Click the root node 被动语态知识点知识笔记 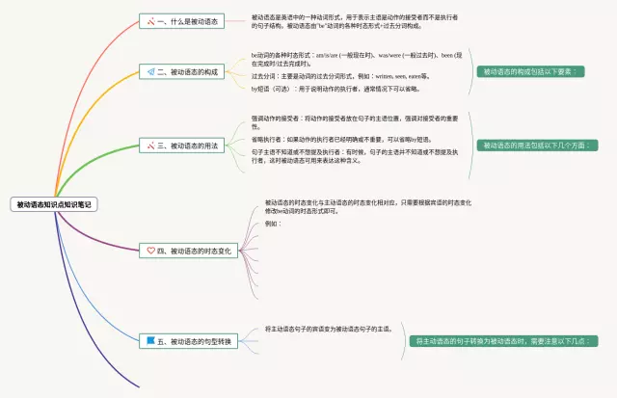(x=54, y=204)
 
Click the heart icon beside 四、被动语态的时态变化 (x=150, y=251)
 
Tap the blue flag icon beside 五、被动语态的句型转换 (x=150, y=341)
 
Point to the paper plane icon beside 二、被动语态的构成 (x=151, y=72)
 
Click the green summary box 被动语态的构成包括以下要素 (x=532, y=71)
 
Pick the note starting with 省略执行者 (x=346, y=139)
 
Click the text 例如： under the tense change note (x=273, y=223)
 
